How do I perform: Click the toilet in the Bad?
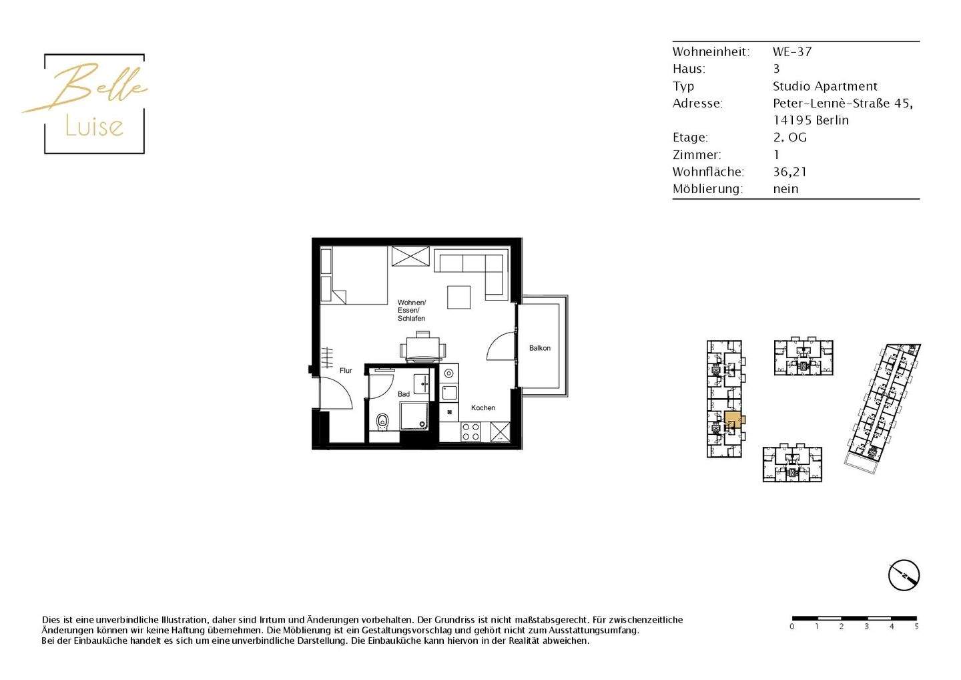382,421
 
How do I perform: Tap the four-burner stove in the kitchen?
470,432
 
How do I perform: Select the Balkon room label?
540,348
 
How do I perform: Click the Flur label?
346,371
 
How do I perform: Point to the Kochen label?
483,407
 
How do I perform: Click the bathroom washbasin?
422,384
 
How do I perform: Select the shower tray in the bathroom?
414,416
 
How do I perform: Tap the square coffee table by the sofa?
459,297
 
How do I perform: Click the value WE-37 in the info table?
792,51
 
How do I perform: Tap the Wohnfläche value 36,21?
789,172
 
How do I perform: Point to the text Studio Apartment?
825,86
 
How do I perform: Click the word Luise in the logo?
94,126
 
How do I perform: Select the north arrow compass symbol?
904,575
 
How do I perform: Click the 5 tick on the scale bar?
916,627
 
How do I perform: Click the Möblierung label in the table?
707,189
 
